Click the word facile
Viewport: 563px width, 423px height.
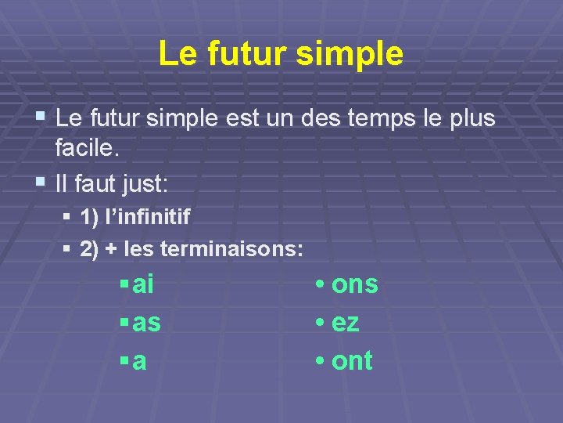point(87,146)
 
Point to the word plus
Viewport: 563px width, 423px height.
point(470,119)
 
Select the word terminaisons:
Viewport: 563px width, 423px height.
point(231,250)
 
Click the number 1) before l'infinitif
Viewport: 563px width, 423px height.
point(91,217)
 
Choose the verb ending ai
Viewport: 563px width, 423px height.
point(144,285)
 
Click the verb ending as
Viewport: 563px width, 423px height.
point(147,323)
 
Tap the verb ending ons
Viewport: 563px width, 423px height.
point(355,285)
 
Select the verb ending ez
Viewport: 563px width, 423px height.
point(346,323)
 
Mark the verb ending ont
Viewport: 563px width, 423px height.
point(352,361)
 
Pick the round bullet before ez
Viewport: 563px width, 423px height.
point(321,323)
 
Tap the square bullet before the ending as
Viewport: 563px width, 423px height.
point(124,323)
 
